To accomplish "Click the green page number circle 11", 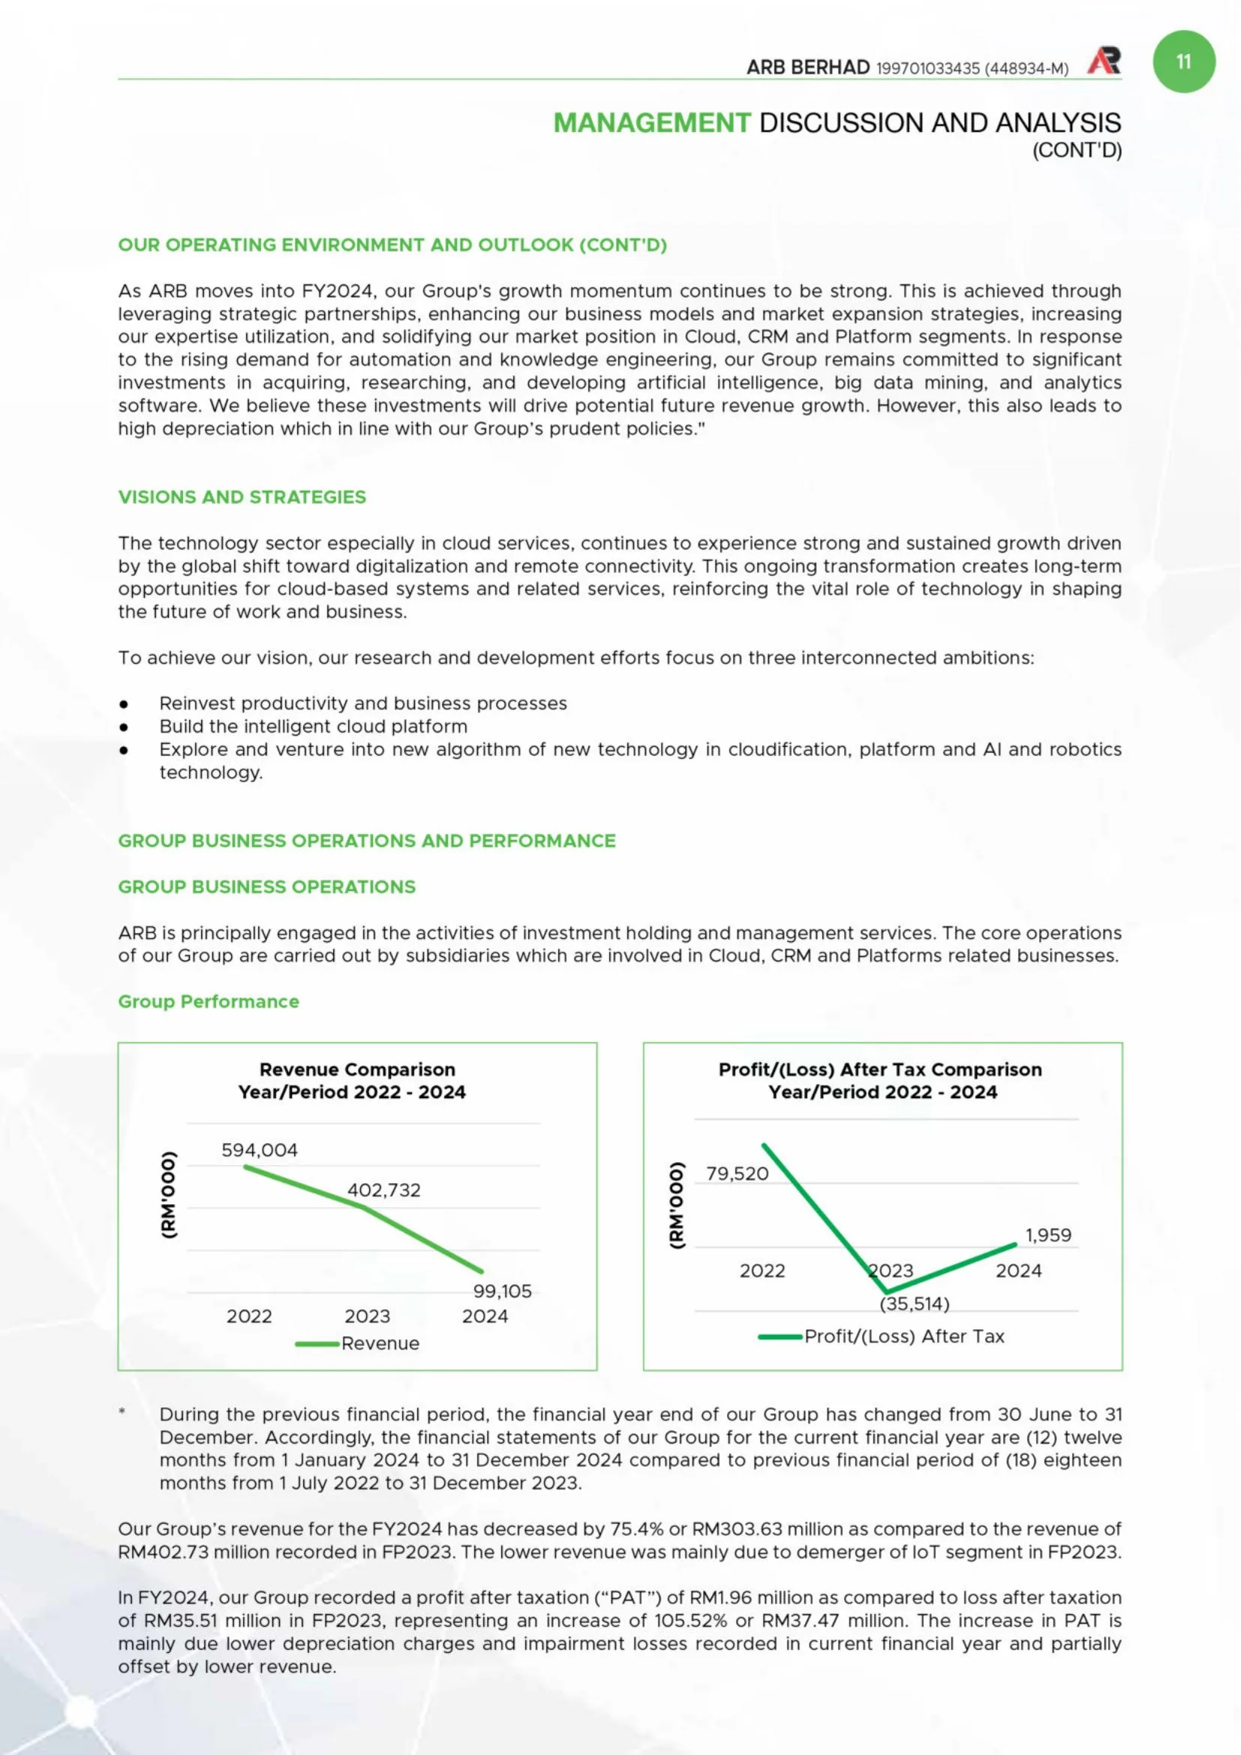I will (x=1183, y=62).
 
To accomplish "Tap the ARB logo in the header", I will (x=1104, y=61).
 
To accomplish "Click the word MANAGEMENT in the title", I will (x=652, y=122).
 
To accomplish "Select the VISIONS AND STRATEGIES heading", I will (x=242, y=497).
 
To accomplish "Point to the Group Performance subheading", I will (x=209, y=1001).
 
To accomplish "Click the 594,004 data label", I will (x=259, y=1150).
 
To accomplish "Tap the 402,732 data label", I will (x=383, y=1190).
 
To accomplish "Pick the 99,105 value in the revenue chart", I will (x=502, y=1291).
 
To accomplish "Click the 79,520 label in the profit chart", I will (x=737, y=1173).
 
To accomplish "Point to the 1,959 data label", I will (x=1047, y=1235).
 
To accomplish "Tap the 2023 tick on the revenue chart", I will (x=367, y=1317).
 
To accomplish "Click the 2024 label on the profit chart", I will (x=1018, y=1270).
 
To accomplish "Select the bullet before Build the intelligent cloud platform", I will (x=124, y=727).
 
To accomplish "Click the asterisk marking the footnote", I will (x=122, y=1412).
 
